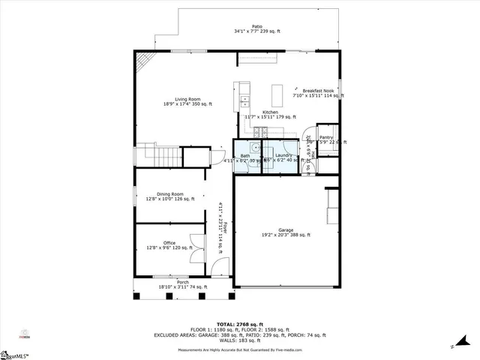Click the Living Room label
coord(187,99)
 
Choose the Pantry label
coord(326,137)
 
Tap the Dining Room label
coord(170,193)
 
